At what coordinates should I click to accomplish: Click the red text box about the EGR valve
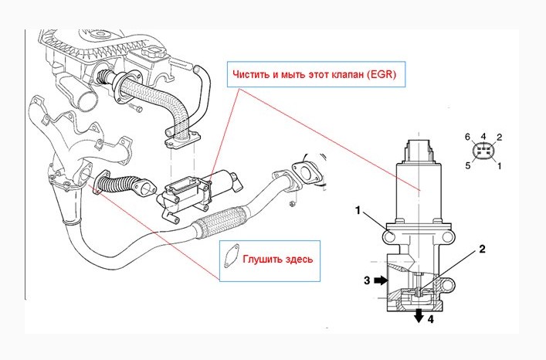(314, 76)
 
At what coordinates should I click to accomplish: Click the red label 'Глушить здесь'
(278, 259)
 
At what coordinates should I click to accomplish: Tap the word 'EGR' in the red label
(383, 76)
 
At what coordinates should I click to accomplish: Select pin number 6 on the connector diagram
(468, 137)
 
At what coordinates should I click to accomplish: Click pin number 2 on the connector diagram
(499, 137)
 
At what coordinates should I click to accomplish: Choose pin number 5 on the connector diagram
(468, 165)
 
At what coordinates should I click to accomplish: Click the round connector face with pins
(483, 151)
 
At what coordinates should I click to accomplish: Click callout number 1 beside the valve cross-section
(358, 209)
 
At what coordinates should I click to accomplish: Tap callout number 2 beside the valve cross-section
(482, 249)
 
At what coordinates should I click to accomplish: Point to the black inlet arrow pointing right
(382, 281)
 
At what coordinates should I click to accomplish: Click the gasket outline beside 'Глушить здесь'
(231, 257)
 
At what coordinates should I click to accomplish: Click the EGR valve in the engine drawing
(197, 188)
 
